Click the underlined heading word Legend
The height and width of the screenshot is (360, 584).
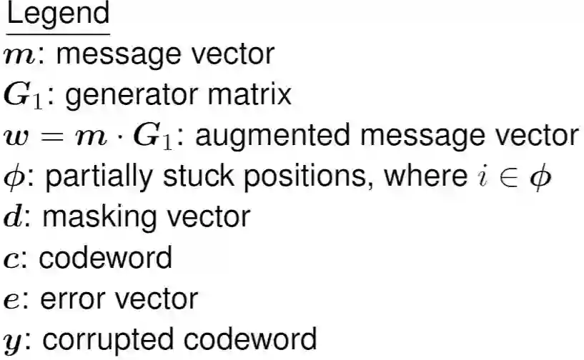(x=58, y=14)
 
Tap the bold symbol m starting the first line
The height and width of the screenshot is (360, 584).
(x=18, y=56)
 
